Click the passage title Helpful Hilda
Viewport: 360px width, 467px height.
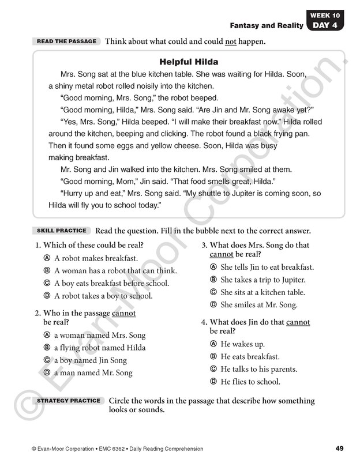[188, 62]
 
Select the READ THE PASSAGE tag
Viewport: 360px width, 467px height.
[66, 42]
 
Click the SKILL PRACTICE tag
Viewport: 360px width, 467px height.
[61, 231]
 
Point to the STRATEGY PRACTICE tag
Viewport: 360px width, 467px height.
[69, 401]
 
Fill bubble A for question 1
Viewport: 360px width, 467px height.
[47, 258]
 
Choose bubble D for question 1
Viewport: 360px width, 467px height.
[47, 296]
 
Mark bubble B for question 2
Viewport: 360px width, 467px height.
[47, 348]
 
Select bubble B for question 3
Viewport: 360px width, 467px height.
[213, 280]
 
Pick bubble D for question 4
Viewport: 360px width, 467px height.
[213, 382]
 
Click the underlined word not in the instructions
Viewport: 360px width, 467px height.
[231, 42]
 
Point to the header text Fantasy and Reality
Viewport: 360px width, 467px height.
[267, 25]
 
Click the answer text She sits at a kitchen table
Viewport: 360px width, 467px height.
[262, 292]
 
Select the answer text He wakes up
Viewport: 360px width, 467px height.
[242, 344]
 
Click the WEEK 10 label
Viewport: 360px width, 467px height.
[326, 15]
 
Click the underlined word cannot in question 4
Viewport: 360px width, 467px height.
[298, 322]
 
